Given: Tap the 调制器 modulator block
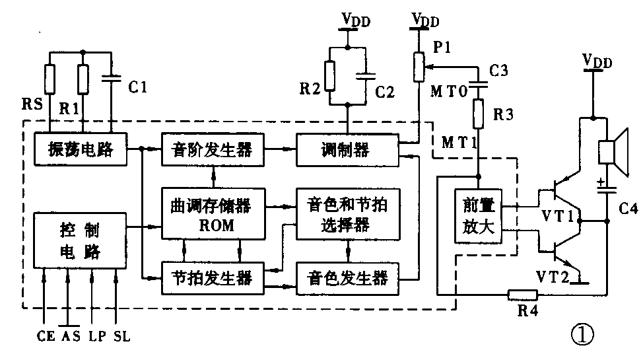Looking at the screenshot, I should (347, 150).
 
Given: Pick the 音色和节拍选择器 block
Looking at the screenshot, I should (347, 215).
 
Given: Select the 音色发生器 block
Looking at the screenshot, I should (347, 275).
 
